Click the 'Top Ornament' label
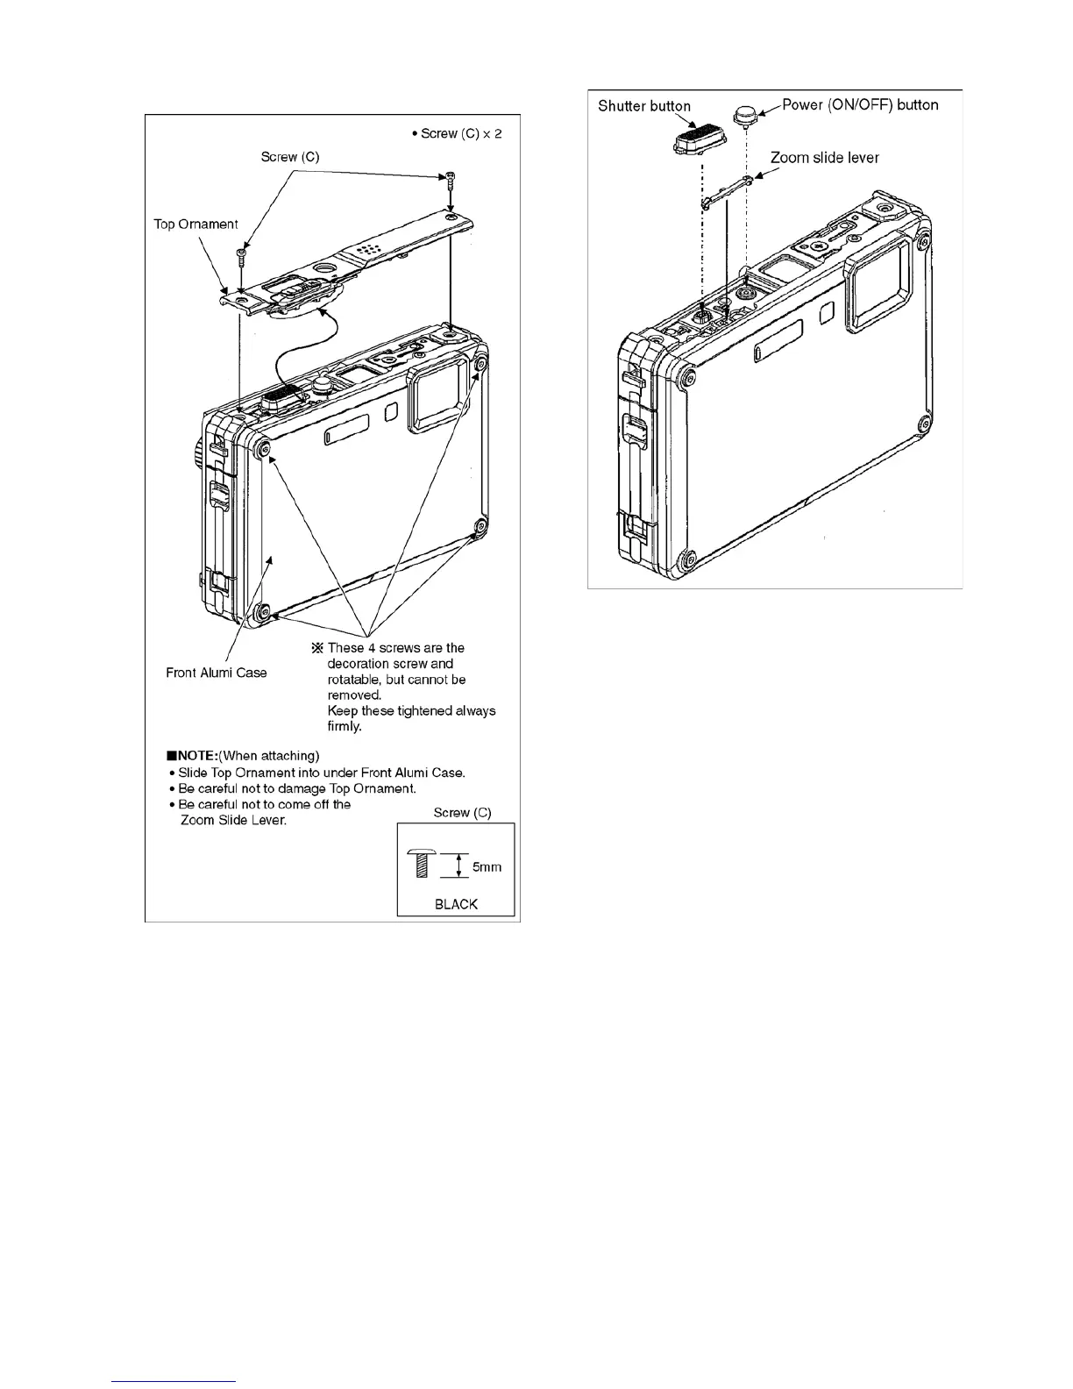point(195,224)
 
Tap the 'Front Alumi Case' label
point(217,673)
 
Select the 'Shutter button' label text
point(644,106)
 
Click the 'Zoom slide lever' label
point(824,158)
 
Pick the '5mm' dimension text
point(487,867)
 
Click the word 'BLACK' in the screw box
point(456,904)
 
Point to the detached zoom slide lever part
point(727,192)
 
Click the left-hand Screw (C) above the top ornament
point(240,256)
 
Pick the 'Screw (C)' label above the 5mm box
point(462,813)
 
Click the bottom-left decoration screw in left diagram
point(260,611)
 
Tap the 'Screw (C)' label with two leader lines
point(290,157)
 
